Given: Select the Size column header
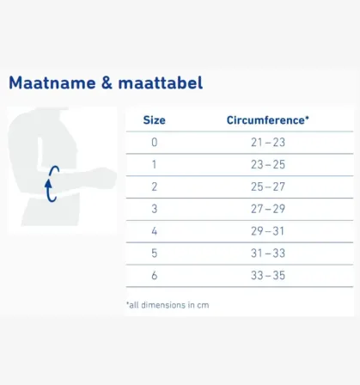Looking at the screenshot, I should click(x=155, y=120).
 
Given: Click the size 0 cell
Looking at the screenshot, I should click(x=155, y=142).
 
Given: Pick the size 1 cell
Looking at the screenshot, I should click(x=155, y=164).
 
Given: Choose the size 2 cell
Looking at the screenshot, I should click(x=155, y=186).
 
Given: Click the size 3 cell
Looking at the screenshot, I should click(x=155, y=209).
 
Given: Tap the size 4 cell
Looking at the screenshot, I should click(x=155, y=231).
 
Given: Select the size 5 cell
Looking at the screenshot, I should click(x=155, y=254).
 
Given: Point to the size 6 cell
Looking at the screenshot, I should click(x=155, y=276).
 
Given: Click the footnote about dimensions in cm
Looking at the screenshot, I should click(x=168, y=304).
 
